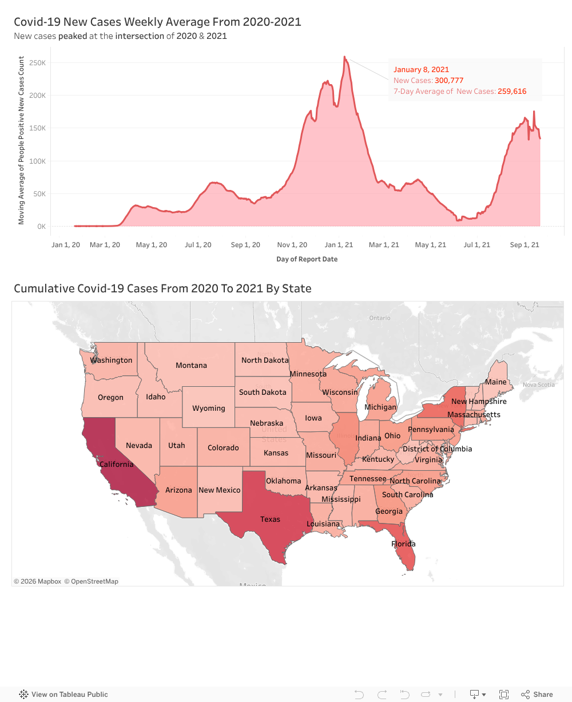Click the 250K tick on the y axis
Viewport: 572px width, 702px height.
38,63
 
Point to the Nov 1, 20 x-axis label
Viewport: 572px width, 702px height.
292,245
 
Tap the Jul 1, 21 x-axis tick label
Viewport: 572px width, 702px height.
477,245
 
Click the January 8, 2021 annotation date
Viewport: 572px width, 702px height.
421,70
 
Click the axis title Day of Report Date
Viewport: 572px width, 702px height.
307,259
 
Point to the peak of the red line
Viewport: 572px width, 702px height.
344,57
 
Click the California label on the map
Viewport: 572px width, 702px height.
117,465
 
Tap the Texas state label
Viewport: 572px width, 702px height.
270,519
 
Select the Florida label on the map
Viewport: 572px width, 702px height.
403,544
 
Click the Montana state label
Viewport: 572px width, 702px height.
191,366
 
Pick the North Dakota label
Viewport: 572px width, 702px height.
265,360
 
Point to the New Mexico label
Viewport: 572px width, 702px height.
220,490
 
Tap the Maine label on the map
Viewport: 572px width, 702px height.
496,382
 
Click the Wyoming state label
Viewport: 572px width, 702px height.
209,408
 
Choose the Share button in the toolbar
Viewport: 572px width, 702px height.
537,695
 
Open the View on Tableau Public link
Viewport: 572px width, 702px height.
63,695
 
